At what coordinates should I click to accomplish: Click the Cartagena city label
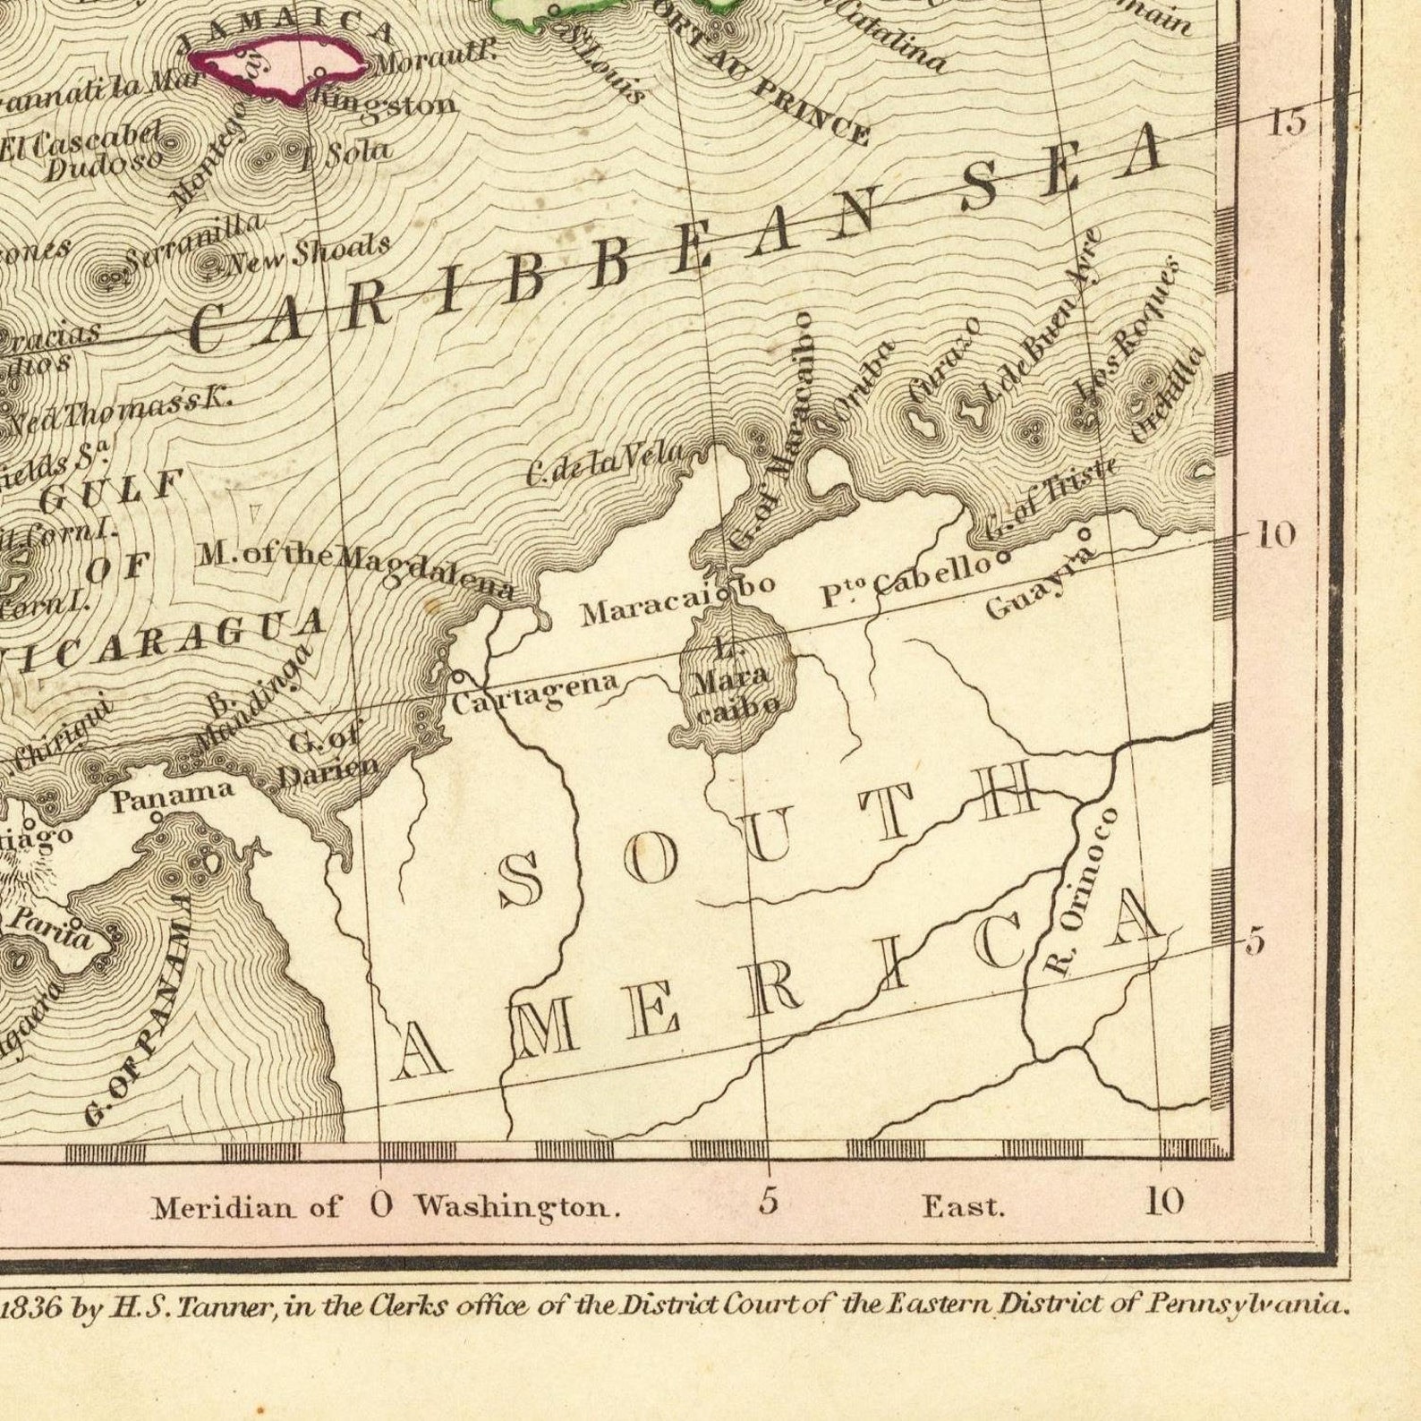[534, 693]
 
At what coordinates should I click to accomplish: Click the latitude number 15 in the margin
[1286, 121]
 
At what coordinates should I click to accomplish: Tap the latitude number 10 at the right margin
[1275, 535]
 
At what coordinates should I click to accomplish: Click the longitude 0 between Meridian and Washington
[380, 1205]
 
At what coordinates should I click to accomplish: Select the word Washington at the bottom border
[516, 1207]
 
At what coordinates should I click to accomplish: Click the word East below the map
[964, 1207]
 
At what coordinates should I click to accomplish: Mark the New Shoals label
[309, 253]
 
